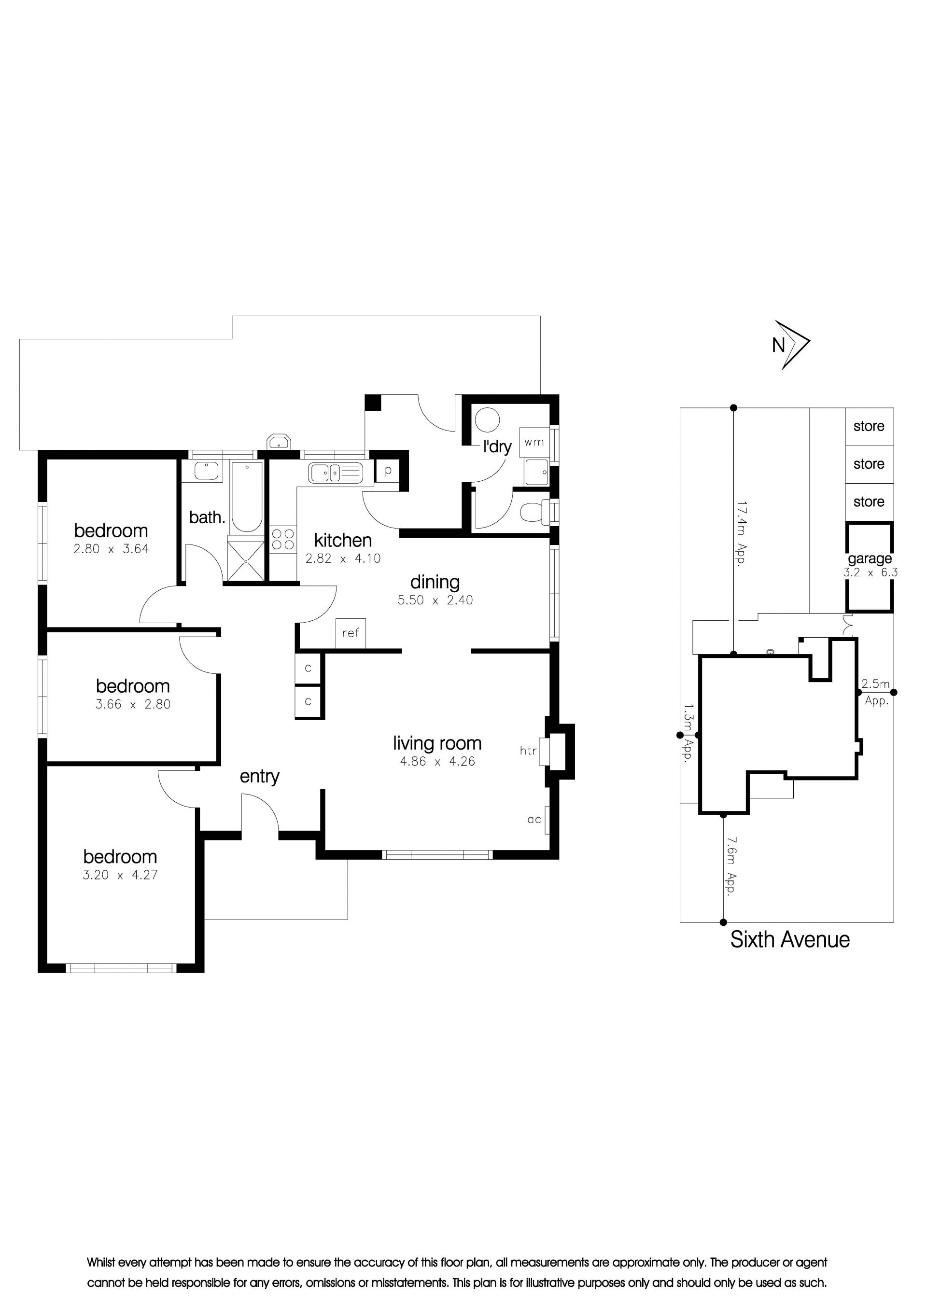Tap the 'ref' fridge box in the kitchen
(x=351, y=633)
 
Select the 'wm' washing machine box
(x=534, y=442)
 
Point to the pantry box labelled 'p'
(x=388, y=471)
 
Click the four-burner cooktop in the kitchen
(x=283, y=540)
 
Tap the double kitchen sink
(x=335, y=473)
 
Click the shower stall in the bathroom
(x=246, y=561)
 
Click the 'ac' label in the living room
(x=534, y=820)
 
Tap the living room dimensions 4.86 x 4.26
(x=437, y=761)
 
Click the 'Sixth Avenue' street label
(x=790, y=939)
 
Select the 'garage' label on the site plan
(x=870, y=558)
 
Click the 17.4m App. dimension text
(x=742, y=533)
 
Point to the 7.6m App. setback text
(x=731, y=865)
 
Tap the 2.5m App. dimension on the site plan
(x=876, y=692)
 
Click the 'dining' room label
(x=435, y=583)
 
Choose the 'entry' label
(x=259, y=777)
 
